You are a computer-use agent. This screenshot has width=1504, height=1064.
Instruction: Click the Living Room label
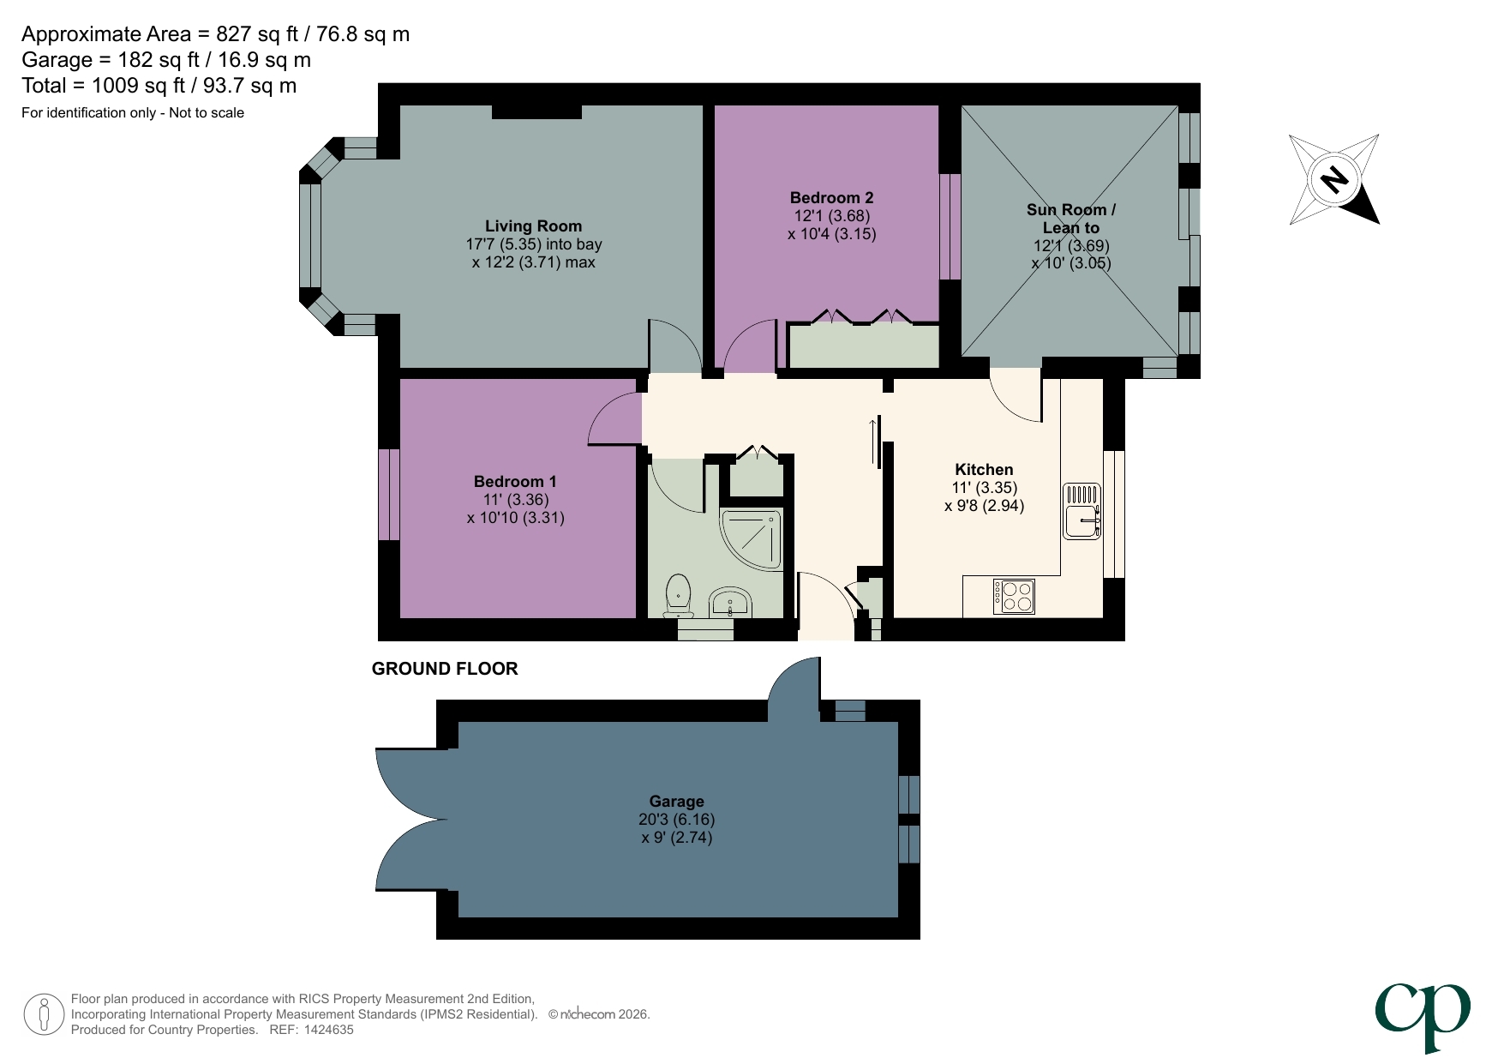533,226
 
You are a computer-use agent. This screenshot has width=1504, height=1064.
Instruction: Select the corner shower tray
752,539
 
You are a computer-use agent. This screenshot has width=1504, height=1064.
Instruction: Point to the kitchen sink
1082,512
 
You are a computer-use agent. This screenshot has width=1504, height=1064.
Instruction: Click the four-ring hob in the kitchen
1015,597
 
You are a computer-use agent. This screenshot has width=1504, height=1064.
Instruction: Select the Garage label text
676,801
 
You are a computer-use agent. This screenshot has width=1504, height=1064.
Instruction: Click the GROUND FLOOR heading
445,669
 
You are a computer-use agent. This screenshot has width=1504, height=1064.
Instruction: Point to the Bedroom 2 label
831,198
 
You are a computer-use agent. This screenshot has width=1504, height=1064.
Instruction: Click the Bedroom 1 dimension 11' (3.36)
516,500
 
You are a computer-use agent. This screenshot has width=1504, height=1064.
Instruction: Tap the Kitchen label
984,470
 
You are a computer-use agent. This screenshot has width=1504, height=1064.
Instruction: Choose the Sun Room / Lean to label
1070,219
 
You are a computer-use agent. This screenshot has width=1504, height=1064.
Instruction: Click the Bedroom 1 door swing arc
610,418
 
